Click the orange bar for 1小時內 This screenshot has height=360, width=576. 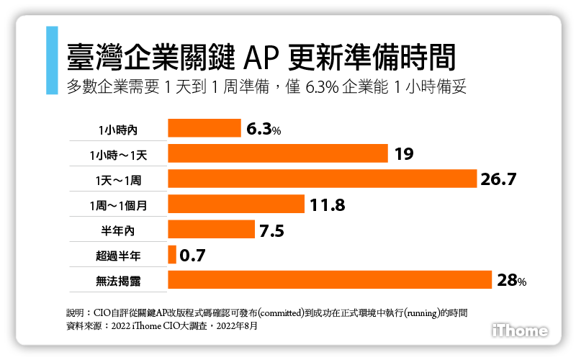204,128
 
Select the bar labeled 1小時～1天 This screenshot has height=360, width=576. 278,153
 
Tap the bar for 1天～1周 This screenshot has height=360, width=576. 323,179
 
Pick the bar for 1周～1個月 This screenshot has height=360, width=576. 235,204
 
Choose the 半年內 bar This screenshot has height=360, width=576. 211,229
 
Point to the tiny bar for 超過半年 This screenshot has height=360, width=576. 172,254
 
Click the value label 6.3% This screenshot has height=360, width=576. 263,129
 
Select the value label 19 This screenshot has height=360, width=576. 403,154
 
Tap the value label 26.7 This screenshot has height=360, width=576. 499,179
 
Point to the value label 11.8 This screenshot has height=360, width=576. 328,205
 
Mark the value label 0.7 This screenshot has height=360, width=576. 193,255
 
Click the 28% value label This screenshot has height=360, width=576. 512,280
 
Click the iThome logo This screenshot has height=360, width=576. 520,330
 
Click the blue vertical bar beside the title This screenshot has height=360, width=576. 51,60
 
